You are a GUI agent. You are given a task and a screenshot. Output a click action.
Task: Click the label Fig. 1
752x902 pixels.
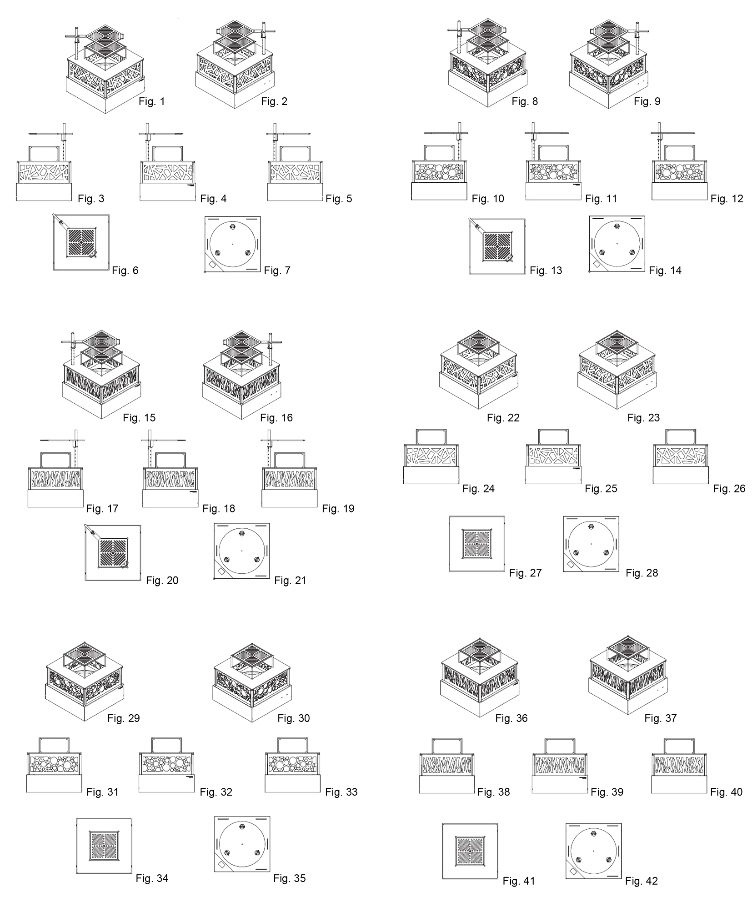(x=152, y=101)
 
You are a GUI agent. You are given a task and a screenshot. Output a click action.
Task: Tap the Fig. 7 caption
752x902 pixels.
(x=277, y=271)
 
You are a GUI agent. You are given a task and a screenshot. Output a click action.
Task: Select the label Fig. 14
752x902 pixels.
(x=665, y=271)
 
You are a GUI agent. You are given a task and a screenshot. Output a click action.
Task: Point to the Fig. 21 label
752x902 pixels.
(x=290, y=581)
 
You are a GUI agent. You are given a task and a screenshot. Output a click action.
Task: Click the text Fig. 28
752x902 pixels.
(x=642, y=573)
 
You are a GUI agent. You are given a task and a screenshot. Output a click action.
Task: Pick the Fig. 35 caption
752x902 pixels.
(x=289, y=878)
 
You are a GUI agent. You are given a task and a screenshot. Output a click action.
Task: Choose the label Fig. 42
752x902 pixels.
(x=641, y=881)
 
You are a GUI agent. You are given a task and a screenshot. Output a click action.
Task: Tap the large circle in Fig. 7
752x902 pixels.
(x=232, y=244)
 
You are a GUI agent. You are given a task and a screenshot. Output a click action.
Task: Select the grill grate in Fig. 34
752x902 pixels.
(x=104, y=845)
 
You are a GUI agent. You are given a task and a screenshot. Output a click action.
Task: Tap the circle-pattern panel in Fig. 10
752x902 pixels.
(x=440, y=173)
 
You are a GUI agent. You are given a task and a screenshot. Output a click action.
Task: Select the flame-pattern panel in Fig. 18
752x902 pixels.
(x=170, y=479)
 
